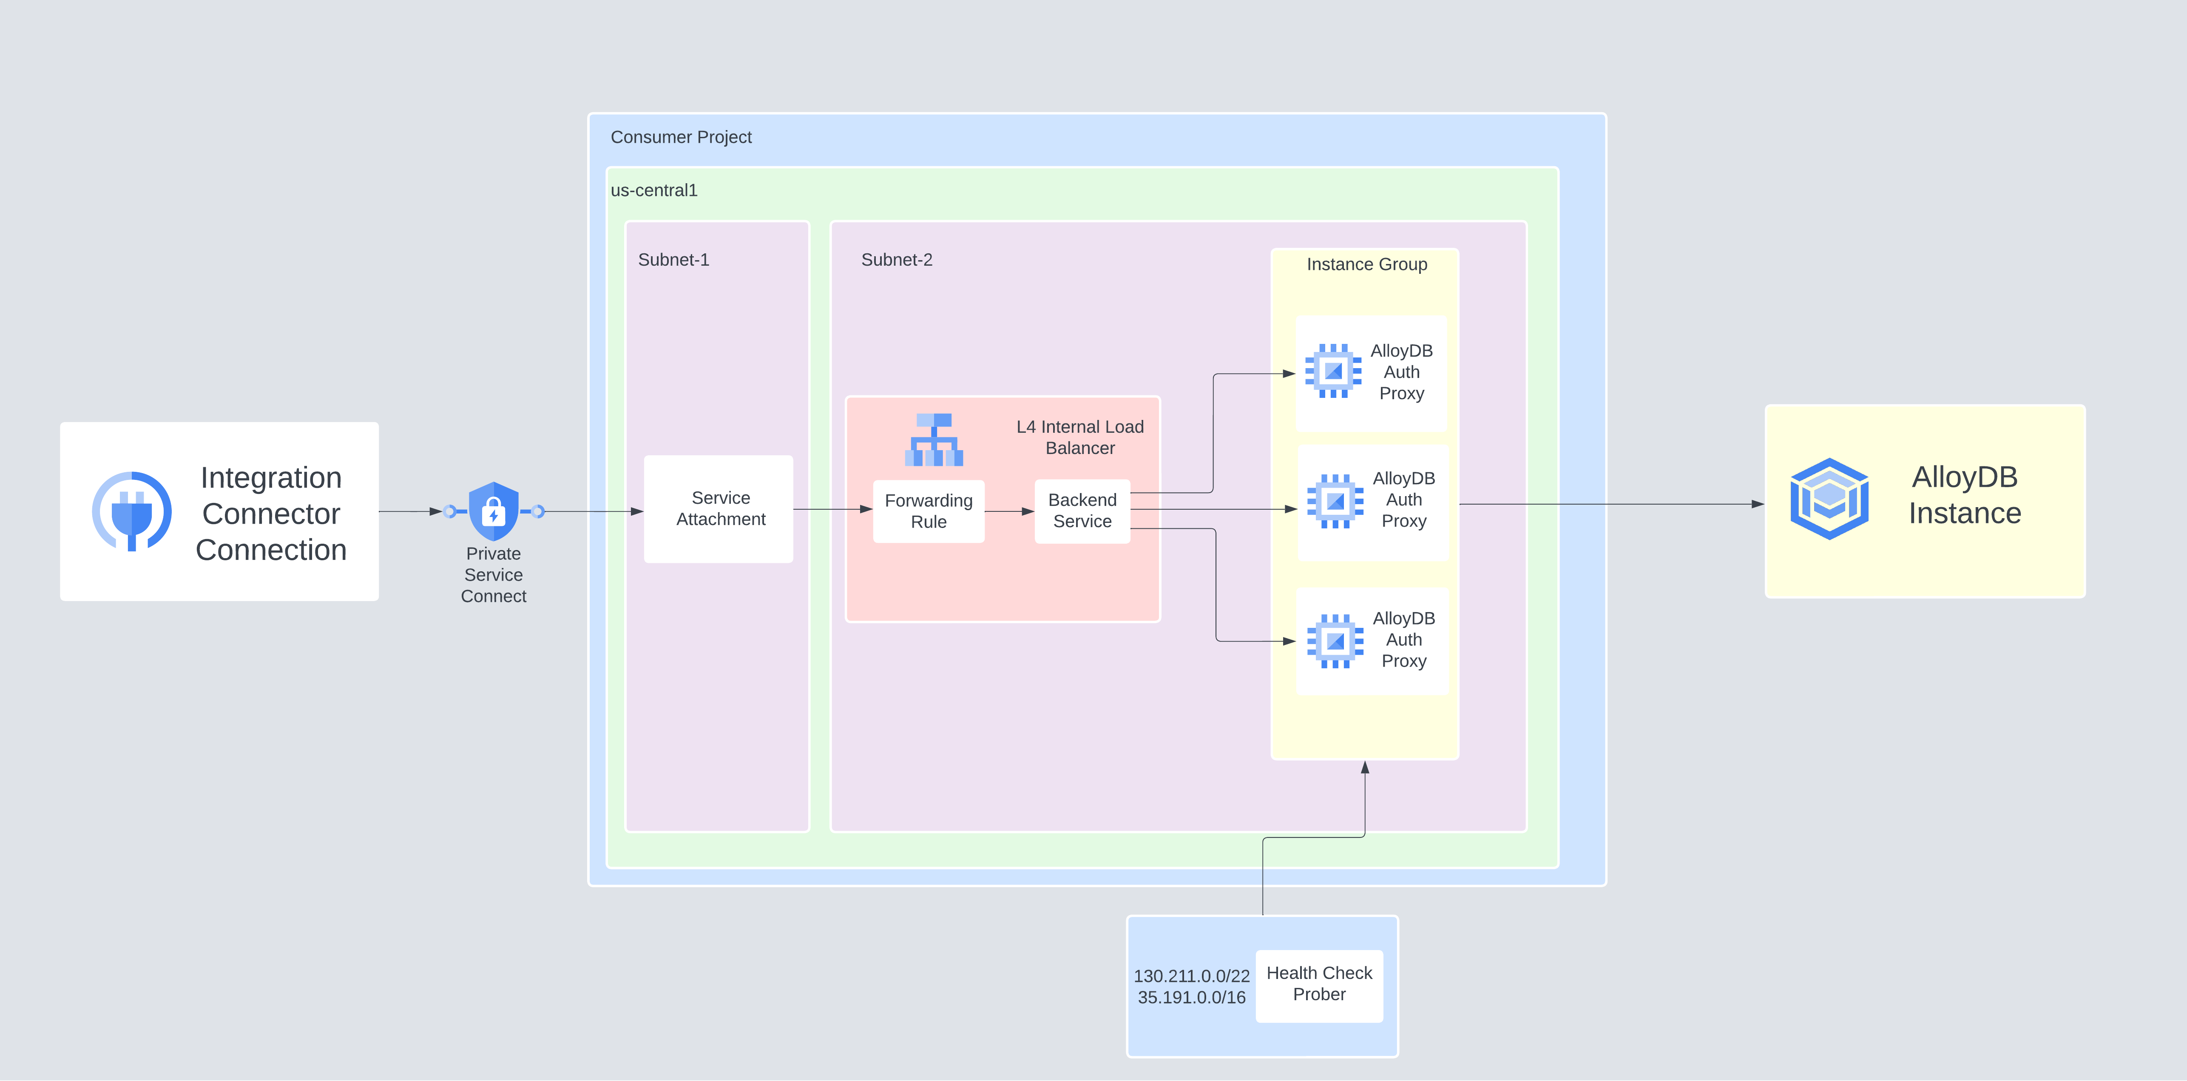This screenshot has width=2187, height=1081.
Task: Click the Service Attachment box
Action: point(719,509)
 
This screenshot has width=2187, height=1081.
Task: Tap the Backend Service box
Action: point(1082,511)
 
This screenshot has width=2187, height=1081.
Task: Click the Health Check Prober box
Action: point(1318,984)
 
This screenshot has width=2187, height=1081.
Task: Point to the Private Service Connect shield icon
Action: point(493,511)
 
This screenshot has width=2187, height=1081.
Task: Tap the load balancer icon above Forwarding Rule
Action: point(934,440)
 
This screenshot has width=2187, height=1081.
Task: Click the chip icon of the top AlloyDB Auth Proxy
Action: point(1333,371)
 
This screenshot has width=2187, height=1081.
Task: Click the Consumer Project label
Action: point(681,137)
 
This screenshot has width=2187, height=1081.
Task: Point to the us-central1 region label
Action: point(654,190)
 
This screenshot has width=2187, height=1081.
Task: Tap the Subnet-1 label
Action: point(673,260)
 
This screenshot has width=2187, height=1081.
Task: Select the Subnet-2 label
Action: point(897,260)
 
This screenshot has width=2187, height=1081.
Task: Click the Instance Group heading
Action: point(1366,264)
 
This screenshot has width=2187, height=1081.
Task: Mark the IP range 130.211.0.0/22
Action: point(1191,976)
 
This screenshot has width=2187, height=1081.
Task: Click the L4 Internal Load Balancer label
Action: point(1080,437)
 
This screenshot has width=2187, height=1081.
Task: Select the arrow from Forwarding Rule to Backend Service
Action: point(1009,511)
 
